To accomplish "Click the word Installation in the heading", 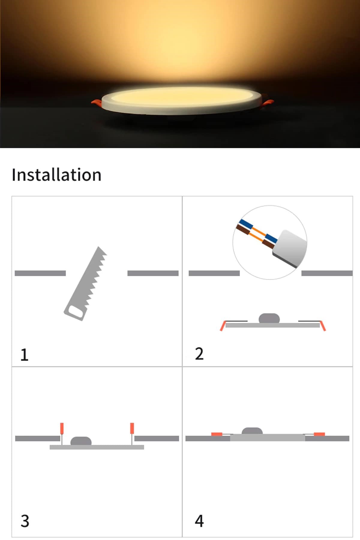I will coord(56,175).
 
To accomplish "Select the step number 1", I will coord(24,355).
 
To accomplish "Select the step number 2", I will coord(199,354).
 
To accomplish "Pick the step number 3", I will coord(25,521).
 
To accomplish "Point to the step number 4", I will coord(199,521).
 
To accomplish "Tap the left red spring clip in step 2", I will coord(222,326).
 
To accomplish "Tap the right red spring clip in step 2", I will coord(323,326).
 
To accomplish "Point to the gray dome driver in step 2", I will coord(269,318).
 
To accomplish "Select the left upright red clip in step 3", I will coord(62,428).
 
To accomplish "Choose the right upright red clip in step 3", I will coord(132,428).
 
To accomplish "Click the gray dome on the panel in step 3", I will coord(81,441).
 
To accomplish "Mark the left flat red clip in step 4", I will coord(217,434).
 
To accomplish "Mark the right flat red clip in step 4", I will coord(319,434).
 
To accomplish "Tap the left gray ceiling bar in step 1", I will coord(40,273).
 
